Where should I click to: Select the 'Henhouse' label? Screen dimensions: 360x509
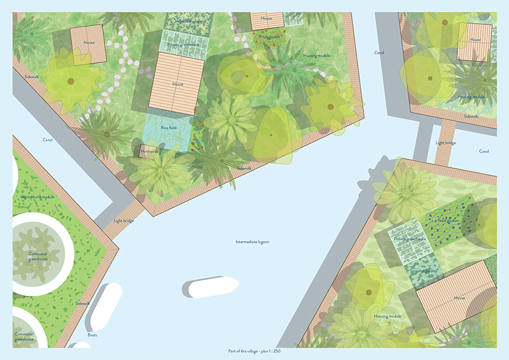tap(149, 151)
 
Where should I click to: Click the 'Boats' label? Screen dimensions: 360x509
tap(92, 335)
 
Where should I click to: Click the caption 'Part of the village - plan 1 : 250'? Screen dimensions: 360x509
tap(254, 351)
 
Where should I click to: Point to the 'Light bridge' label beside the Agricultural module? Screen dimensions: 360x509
tap(123, 221)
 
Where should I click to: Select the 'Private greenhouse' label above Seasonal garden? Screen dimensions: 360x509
tap(408, 239)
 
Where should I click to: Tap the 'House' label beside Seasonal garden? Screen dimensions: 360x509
tap(460, 298)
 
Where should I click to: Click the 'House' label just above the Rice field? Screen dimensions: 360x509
tap(178, 84)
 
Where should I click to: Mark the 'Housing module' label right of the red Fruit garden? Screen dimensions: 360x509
tap(317, 55)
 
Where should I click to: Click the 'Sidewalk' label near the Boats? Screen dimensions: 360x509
tap(82, 303)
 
